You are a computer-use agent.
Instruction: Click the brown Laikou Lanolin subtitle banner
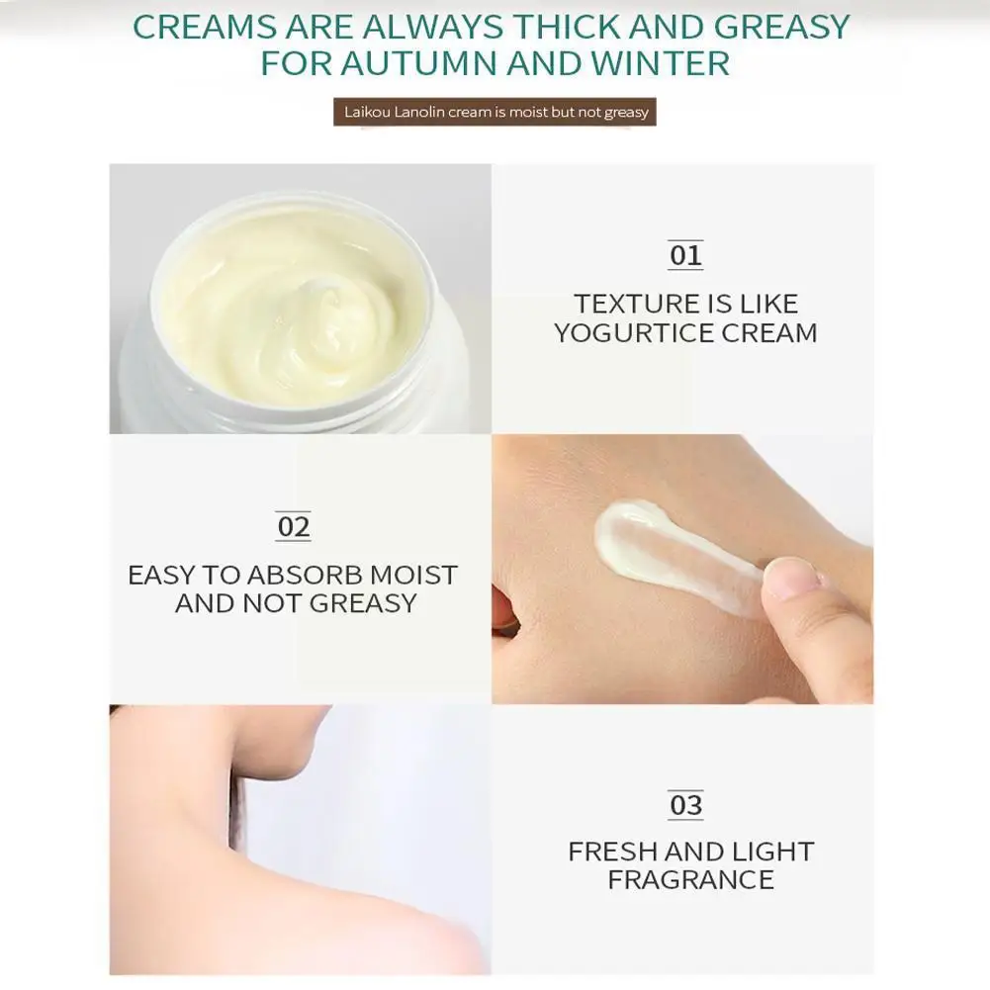coord(495,112)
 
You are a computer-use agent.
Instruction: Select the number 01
coord(684,256)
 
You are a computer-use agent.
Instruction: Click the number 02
coord(293,527)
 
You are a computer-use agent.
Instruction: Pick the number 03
coord(684,805)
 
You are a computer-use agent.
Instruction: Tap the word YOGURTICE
coord(635,333)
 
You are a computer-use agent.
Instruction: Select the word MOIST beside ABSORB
coord(413,575)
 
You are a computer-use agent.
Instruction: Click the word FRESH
coord(612,852)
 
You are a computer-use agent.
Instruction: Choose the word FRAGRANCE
coord(690,880)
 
